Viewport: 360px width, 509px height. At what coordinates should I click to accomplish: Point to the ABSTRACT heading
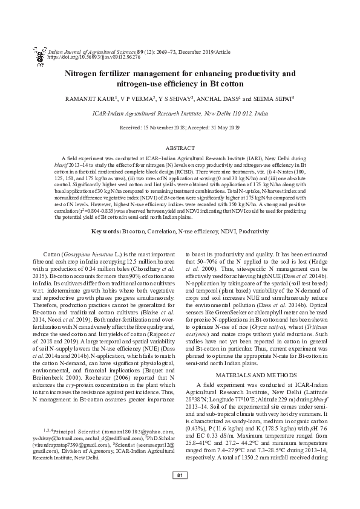(x=180, y=148)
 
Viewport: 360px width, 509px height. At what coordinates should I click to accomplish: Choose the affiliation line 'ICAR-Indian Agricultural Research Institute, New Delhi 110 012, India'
(x=180, y=113)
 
